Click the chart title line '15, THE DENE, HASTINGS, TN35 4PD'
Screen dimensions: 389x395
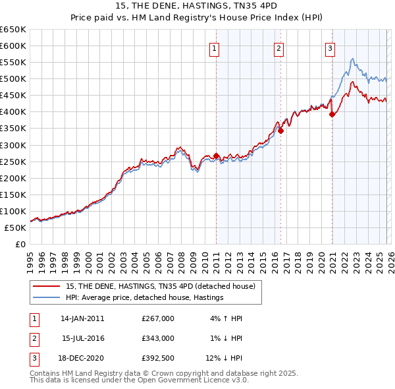coord(197,6)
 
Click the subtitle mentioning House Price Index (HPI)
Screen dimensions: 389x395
coord(197,17)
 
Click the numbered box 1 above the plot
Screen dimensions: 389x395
coord(215,47)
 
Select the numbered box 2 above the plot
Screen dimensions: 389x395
coord(279,47)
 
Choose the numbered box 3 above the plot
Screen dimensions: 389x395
coord(330,47)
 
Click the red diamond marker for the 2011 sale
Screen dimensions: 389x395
coord(216,156)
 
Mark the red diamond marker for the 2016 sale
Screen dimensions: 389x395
coord(280,131)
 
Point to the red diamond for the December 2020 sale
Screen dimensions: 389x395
coord(332,114)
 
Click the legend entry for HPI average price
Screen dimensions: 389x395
coord(145,298)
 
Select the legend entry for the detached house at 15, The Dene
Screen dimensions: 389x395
coord(164,286)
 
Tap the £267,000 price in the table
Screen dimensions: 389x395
coord(158,318)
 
